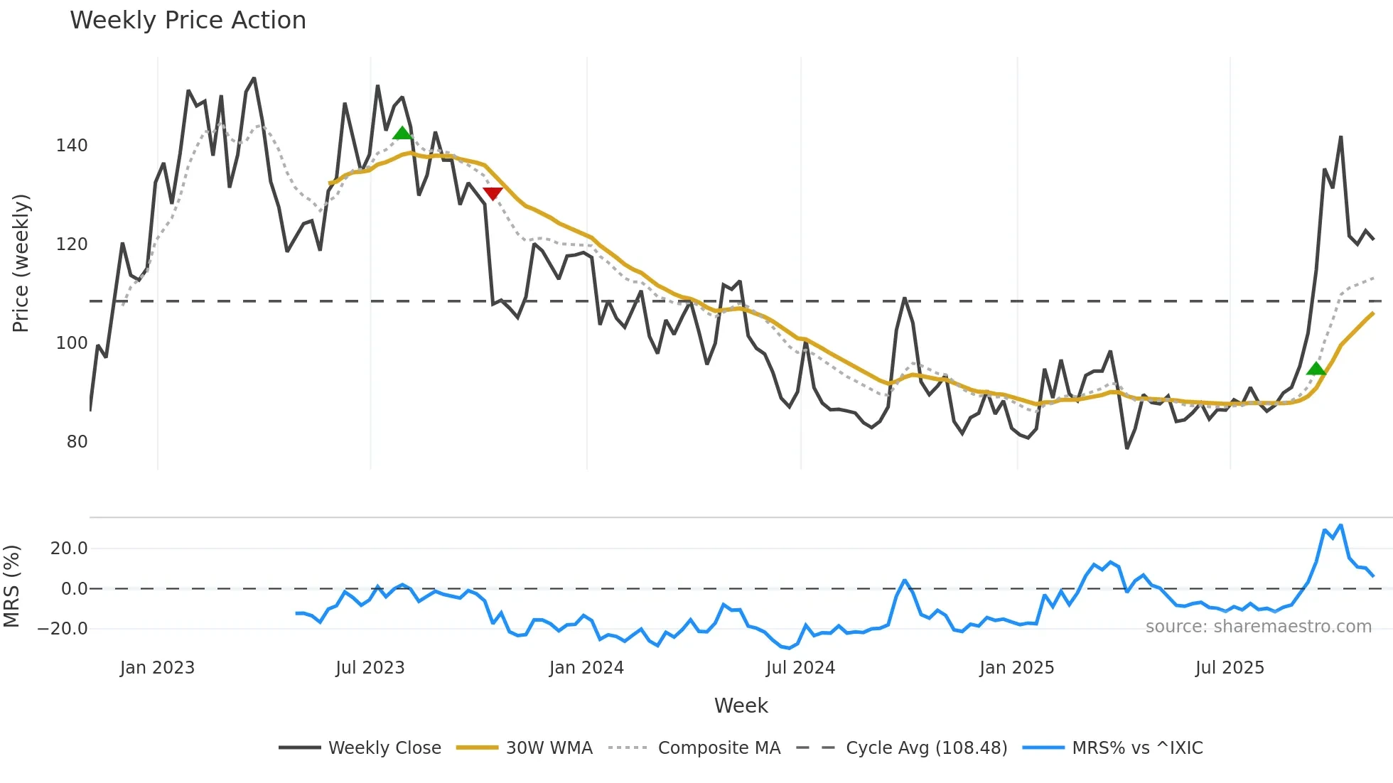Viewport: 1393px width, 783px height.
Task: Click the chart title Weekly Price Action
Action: pyautogui.click(x=188, y=21)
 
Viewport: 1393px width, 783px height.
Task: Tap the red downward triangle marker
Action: pyautogui.click(x=493, y=193)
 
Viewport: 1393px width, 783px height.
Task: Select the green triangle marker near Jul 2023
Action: pyautogui.click(x=402, y=134)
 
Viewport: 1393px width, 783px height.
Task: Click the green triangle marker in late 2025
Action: pyautogui.click(x=1316, y=369)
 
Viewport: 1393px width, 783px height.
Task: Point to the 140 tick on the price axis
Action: pyautogui.click(x=72, y=146)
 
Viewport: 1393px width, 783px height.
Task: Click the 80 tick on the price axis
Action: pyautogui.click(x=77, y=442)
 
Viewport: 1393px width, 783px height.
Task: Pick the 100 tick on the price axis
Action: pyautogui.click(x=72, y=343)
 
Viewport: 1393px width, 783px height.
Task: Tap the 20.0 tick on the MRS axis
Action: pyautogui.click(x=69, y=549)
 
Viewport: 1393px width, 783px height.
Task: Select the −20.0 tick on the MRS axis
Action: pyautogui.click(x=63, y=629)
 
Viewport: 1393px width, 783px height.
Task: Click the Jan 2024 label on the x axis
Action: pyautogui.click(x=586, y=668)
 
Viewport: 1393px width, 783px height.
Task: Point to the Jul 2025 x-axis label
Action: pyautogui.click(x=1230, y=668)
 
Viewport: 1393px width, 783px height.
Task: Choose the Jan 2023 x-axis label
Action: pyautogui.click(x=157, y=668)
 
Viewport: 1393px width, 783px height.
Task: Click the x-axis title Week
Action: pyautogui.click(x=741, y=706)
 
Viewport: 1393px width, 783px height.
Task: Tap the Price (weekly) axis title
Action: pyautogui.click(x=21, y=263)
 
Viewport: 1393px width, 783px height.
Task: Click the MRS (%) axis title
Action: pyautogui.click(x=11, y=586)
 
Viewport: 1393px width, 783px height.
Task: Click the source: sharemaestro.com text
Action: pyautogui.click(x=1258, y=627)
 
